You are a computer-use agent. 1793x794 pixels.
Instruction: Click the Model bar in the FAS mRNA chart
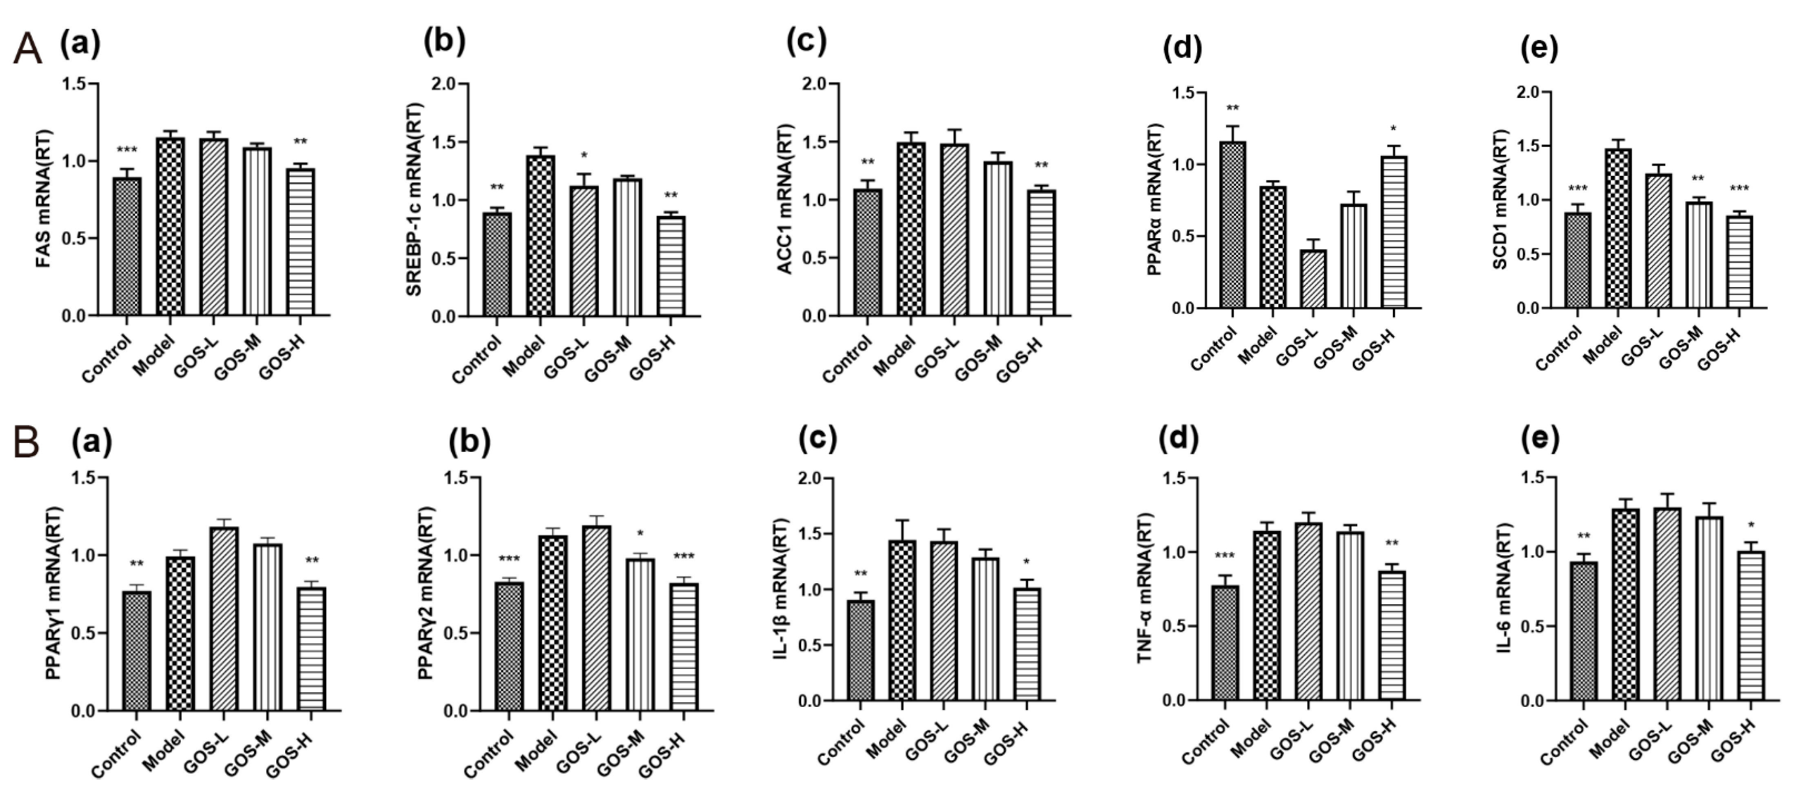coord(171,226)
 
